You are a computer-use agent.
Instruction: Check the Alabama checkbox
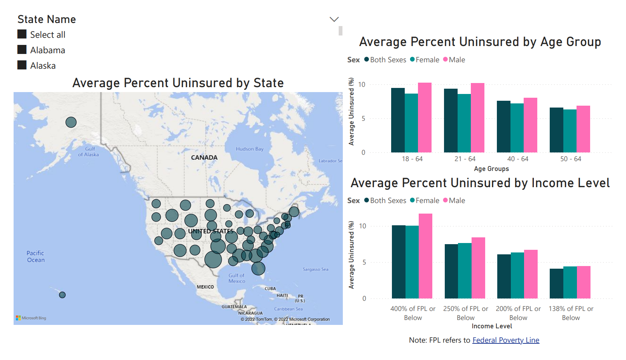pos(22,50)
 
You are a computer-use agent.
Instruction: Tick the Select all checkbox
pos(22,34)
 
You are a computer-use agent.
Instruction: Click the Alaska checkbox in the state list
pos(22,65)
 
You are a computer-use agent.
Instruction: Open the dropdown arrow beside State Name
pos(334,19)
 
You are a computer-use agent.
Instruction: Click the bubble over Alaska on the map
pos(71,122)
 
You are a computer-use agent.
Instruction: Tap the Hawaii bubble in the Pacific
pos(62,295)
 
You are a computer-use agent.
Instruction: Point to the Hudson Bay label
pos(250,149)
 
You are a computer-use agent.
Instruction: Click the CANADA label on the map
pos(204,158)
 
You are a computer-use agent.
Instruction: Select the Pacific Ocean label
pos(35,257)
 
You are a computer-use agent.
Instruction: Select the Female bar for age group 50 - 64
pos(570,131)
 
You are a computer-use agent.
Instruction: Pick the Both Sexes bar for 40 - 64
pos(503,126)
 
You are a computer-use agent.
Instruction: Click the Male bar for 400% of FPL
pos(425,256)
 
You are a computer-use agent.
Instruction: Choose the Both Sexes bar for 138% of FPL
pos(556,283)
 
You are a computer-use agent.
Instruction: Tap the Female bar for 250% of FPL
pos(464,271)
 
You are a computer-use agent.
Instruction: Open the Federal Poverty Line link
pos(506,340)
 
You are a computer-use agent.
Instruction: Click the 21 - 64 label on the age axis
pos(465,159)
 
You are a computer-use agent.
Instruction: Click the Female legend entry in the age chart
pos(425,60)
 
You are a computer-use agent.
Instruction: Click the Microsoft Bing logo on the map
pos(31,318)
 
